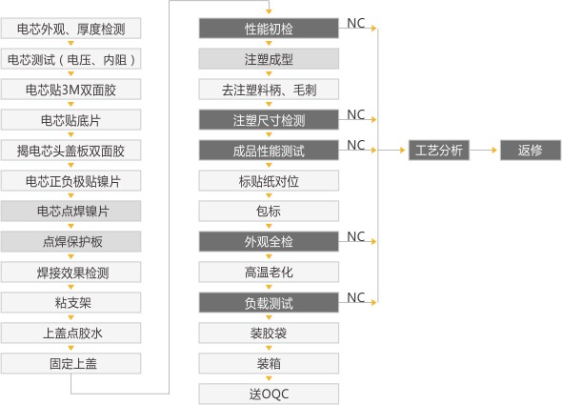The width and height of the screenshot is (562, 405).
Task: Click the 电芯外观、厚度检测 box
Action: [x=71, y=29]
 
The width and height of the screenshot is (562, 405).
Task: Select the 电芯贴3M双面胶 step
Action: [x=71, y=90]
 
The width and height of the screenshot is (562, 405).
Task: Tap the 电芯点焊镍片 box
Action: [x=71, y=211]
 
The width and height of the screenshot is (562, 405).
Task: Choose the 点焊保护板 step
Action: [x=71, y=241]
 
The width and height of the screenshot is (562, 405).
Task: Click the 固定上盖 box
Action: [x=71, y=362]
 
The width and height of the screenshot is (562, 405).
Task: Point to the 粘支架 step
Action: [x=71, y=302]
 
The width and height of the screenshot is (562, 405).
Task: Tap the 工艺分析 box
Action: [x=439, y=150]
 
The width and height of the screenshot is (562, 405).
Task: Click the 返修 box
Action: [x=530, y=150]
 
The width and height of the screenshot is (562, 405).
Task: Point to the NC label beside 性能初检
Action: [x=355, y=22]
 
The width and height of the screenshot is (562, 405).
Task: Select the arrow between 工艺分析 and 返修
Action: [x=486, y=150]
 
